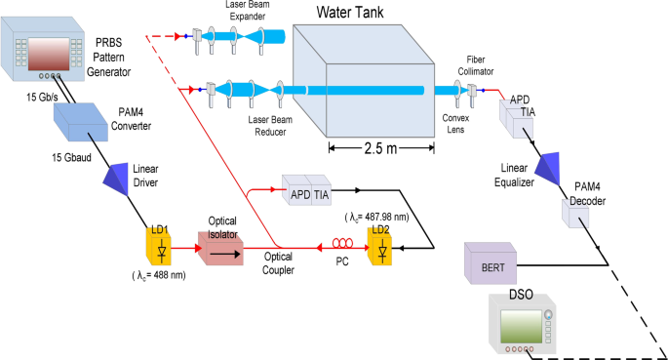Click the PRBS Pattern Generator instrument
click(44, 50)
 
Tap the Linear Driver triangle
click(123, 176)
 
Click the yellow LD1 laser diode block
click(159, 249)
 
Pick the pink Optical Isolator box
click(225, 250)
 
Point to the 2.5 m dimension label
click(379, 148)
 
